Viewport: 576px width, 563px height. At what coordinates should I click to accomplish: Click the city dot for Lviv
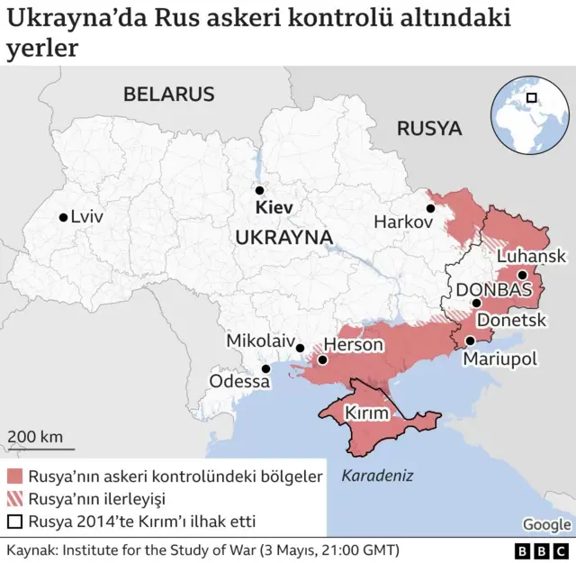pos(63,217)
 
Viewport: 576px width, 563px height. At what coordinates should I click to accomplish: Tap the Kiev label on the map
pos(274,208)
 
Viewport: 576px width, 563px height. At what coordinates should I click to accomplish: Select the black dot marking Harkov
pos(431,208)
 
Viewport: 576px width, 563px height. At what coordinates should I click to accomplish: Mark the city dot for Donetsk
pos(476,304)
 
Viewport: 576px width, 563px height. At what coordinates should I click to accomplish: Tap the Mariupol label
pos(499,359)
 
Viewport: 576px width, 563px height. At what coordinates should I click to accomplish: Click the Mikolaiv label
pos(260,341)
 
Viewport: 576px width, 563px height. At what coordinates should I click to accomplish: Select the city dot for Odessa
pos(265,368)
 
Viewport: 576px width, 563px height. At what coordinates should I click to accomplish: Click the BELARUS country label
pos(169,94)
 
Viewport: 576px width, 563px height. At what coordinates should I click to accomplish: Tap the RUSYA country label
pos(429,128)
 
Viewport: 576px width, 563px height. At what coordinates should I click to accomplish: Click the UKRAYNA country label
pos(283,237)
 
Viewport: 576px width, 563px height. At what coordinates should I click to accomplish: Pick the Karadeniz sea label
pos(377,476)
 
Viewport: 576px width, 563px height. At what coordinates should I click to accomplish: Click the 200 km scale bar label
pos(35,437)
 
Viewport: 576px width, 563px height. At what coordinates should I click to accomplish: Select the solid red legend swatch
pos(15,477)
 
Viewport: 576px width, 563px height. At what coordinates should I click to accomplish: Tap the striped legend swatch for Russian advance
pos(15,498)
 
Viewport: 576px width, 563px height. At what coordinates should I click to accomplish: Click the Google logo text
pos(546,525)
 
